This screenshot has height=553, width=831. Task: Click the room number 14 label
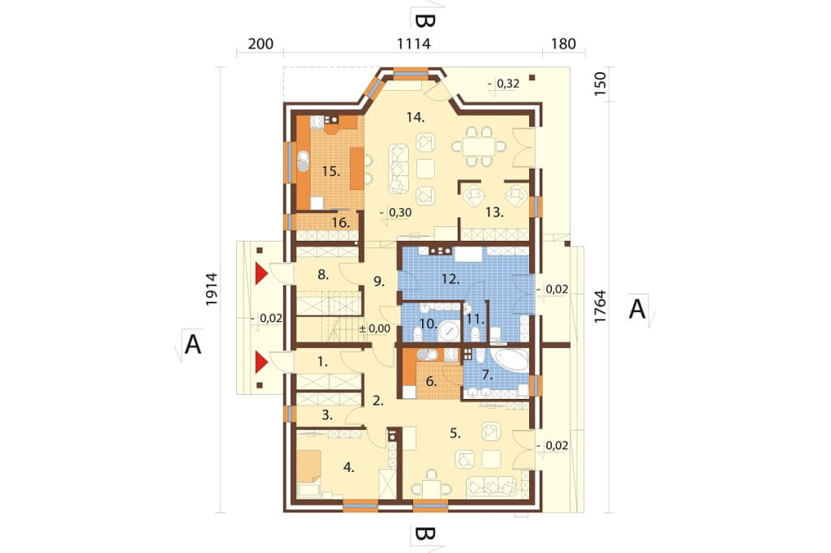click(415, 117)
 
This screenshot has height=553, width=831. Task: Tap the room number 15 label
click(331, 171)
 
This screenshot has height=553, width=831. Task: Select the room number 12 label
click(450, 279)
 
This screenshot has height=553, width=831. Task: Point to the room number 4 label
click(349, 467)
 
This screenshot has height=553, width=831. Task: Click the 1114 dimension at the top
click(414, 44)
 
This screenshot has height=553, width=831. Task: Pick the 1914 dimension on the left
click(212, 289)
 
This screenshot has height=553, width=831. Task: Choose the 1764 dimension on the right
click(600, 307)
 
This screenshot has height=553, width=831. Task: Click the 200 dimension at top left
click(260, 44)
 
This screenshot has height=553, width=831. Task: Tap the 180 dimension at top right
click(563, 44)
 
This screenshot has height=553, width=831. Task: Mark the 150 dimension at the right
click(600, 84)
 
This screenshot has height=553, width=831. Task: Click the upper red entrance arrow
click(260, 274)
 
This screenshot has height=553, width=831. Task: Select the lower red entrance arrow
click(260, 362)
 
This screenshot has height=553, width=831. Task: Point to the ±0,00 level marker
click(375, 328)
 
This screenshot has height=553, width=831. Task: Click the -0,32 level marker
click(503, 84)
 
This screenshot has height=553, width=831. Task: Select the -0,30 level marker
click(395, 213)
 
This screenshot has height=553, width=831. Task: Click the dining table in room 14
click(479, 146)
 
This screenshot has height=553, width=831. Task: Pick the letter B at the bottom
click(424, 534)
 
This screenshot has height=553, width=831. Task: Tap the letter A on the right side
click(637, 308)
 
